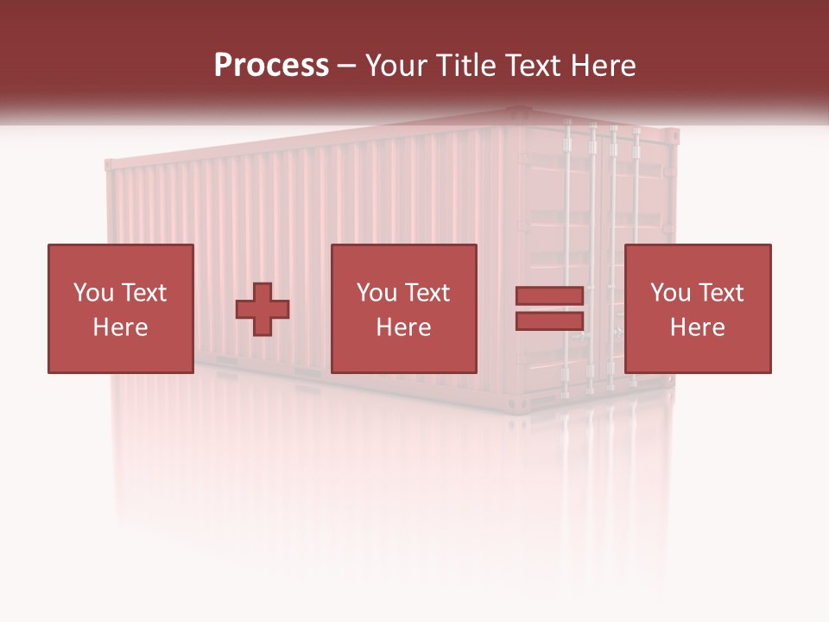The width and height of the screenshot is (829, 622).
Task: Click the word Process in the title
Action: click(x=271, y=66)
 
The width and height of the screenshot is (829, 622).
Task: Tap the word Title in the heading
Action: click(x=465, y=66)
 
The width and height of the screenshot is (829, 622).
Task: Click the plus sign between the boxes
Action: click(x=263, y=309)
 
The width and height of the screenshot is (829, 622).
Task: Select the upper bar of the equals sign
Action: click(x=549, y=296)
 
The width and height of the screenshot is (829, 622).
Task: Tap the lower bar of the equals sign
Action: click(x=549, y=321)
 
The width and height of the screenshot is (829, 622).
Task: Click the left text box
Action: click(x=120, y=308)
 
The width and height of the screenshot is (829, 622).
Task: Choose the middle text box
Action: click(x=404, y=308)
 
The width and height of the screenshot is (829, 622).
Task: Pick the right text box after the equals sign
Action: click(x=698, y=308)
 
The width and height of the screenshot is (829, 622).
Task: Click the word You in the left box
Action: click(x=93, y=293)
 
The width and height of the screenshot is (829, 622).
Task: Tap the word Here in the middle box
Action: click(x=404, y=327)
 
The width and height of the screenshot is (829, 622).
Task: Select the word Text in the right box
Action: click(x=720, y=293)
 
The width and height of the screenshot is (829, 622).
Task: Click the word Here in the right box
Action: click(x=698, y=327)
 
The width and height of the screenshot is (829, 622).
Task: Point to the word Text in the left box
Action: click(x=143, y=293)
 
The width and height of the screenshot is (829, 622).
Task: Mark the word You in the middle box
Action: click(x=377, y=293)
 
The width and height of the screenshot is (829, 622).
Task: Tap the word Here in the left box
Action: click(x=120, y=327)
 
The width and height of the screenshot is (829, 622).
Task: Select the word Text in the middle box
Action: click(x=427, y=293)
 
